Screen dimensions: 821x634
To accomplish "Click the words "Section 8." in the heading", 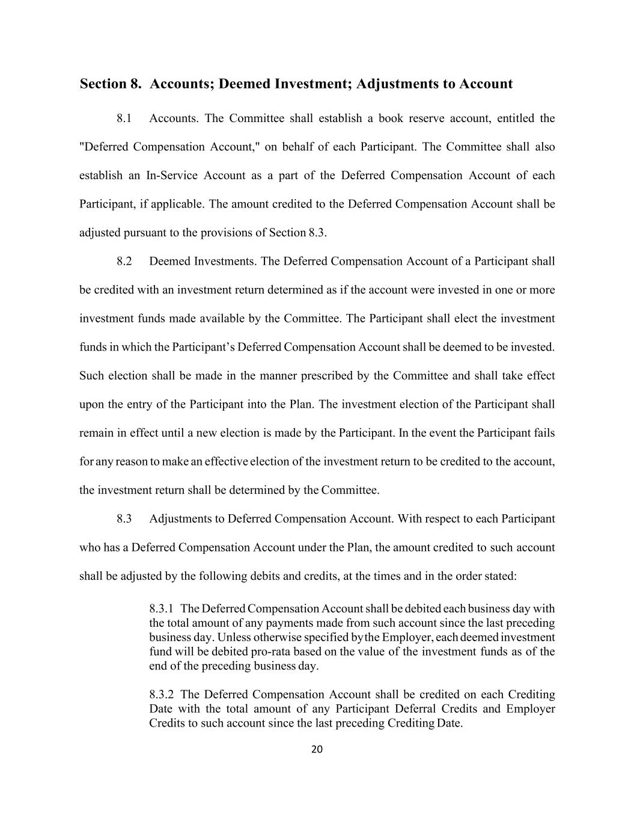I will tap(111, 84).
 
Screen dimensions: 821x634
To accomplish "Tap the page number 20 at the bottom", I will tap(317, 749).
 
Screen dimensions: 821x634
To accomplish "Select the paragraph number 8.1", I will tap(124, 118).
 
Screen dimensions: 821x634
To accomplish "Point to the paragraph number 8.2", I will tap(124, 261).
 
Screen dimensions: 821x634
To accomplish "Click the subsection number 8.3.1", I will tap(162, 609).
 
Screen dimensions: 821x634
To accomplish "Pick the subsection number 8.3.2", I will tap(162, 694).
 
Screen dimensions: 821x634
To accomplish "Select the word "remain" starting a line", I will tap(95, 432).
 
